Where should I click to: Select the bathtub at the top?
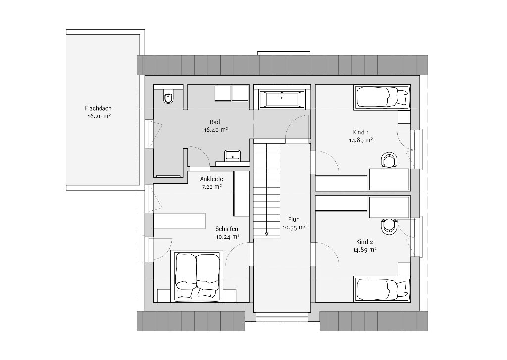(x=282, y=99)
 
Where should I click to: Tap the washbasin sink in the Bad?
(x=232, y=155)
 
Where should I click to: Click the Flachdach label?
(x=99, y=108)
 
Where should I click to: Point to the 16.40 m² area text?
(x=216, y=130)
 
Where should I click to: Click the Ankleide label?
(x=211, y=179)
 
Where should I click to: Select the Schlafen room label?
(x=227, y=229)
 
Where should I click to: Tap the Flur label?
(x=293, y=220)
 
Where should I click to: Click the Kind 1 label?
(x=361, y=132)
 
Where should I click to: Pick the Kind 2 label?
(x=365, y=242)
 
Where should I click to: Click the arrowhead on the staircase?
(x=266, y=233)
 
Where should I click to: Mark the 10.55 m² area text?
(x=294, y=227)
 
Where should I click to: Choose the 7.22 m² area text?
(x=212, y=187)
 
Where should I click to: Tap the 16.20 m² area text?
(x=99, y=116)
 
